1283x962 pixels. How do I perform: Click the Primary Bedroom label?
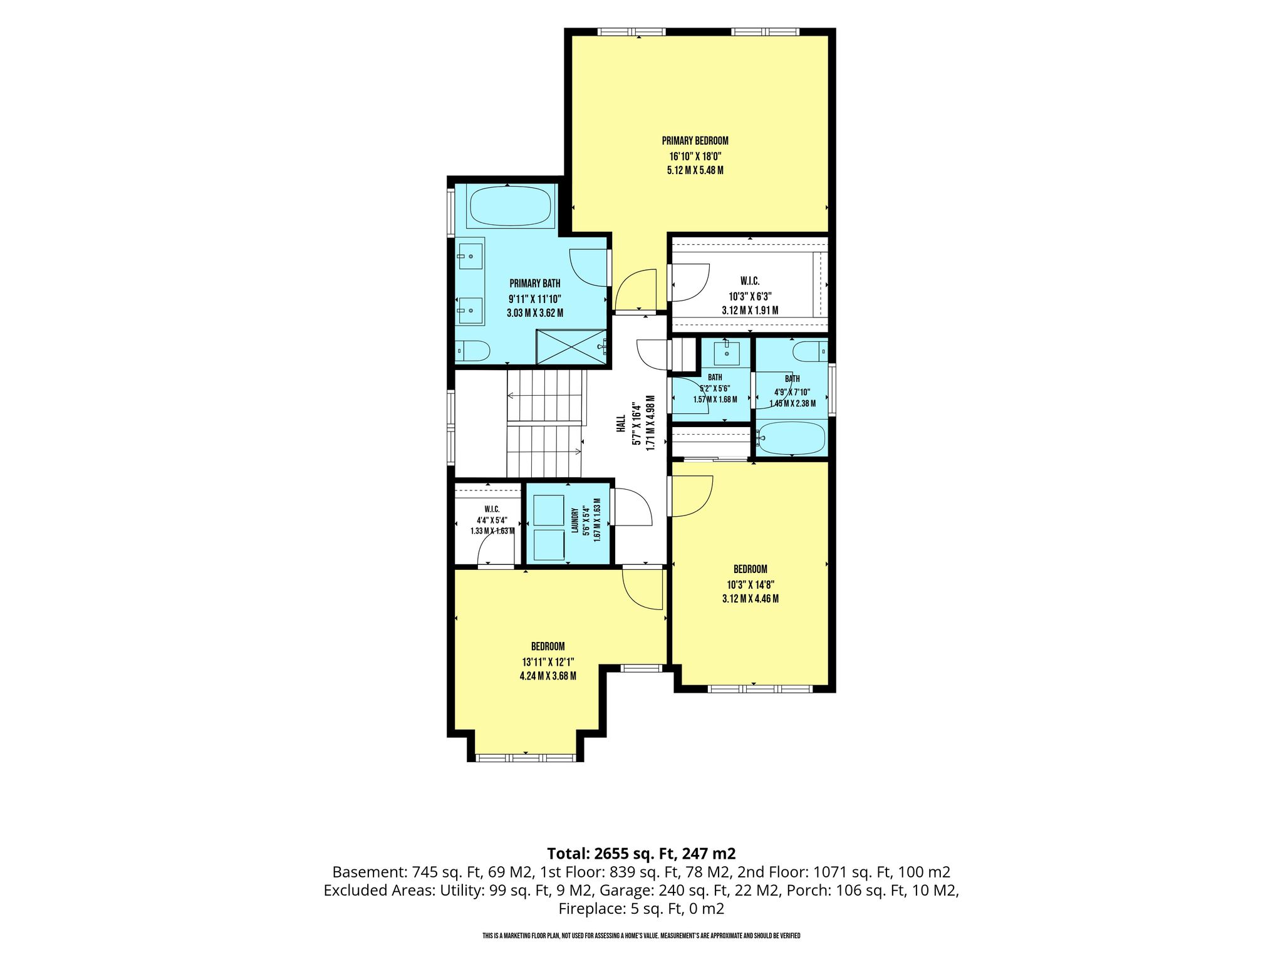coord(695,141)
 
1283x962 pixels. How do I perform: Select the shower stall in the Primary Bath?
coord(572,346)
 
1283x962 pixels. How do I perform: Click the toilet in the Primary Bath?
coord(472,351)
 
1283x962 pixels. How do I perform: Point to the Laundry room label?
coord(574,520)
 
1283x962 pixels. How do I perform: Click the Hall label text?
coord(621,424)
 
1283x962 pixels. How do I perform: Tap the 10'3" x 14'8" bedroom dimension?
coord(750,584)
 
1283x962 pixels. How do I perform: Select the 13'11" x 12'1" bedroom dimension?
coord(548,661)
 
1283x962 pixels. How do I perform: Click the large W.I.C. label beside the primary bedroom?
coord(750,282)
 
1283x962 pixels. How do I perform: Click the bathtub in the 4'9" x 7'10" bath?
coord(791,438)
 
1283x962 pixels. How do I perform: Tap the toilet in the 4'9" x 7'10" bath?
coord(809,352)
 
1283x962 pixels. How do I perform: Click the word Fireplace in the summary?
coord(589,908)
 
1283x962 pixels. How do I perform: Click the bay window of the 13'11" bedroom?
coord(526,758)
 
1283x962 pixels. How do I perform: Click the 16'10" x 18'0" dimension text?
coord(695,156)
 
